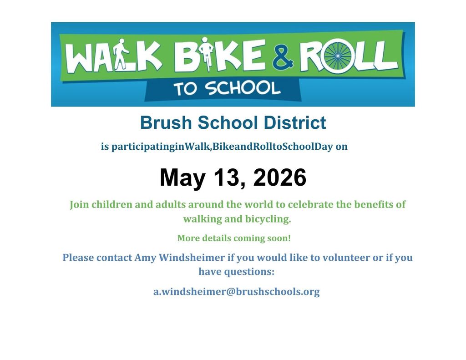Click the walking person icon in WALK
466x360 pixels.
[120, 55]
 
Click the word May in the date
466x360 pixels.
[182, 178]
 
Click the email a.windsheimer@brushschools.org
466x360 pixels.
[236, 292]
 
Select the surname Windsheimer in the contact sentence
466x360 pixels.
[192, 258]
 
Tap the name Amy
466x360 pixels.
[146, 258]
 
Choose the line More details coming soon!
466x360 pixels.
[233, 238]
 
